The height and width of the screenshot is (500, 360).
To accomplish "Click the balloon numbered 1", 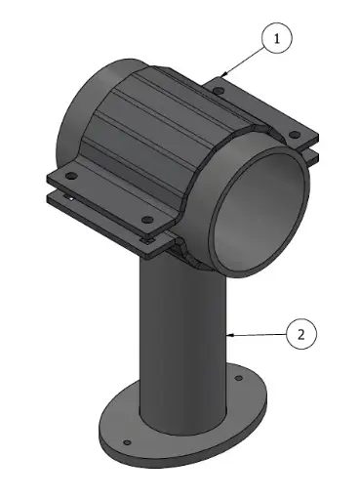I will [277, 39].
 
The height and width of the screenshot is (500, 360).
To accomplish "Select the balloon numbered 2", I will [301, 334].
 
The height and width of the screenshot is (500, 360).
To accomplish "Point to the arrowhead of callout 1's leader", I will [222, 75].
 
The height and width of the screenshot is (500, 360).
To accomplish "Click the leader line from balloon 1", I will [244, 59].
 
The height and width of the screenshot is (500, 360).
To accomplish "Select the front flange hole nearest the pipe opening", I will [146, 219].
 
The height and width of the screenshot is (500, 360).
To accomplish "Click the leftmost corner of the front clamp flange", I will [49, 178].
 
